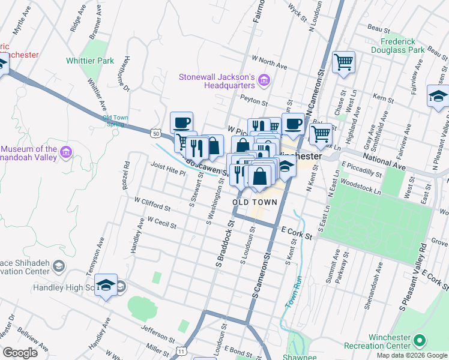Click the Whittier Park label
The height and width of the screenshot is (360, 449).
(x=90, y=61)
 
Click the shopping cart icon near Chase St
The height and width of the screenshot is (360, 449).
(x=343, y=62)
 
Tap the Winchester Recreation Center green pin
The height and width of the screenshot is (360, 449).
(x=420, y=341)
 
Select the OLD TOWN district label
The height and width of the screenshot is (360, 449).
(x=255, y=202)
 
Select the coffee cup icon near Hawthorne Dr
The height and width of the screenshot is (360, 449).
(x=181, y=123)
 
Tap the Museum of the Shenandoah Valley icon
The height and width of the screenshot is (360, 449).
(x=65, y=153)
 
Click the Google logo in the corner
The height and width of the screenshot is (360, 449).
(x=20, y=352)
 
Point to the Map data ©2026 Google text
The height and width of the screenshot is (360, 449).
(x=411, y=355)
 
